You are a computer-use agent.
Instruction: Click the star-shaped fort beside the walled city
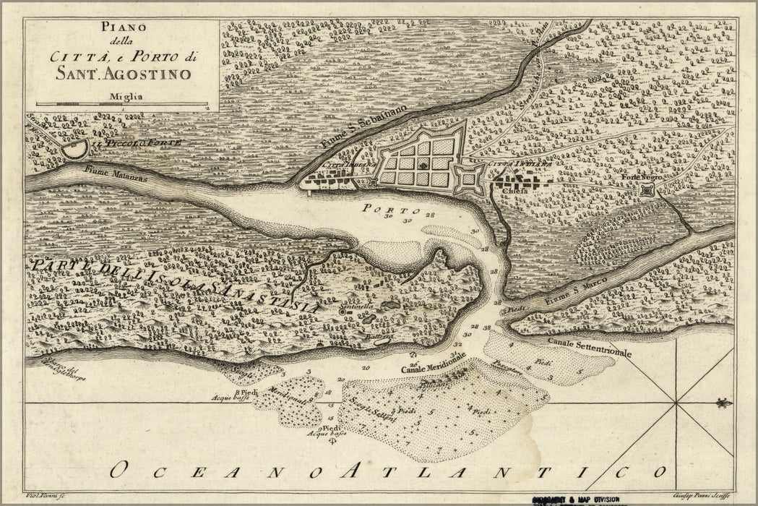point(470,177)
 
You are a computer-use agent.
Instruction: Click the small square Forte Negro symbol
point(647,189)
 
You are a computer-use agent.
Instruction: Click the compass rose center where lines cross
point(676,402)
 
